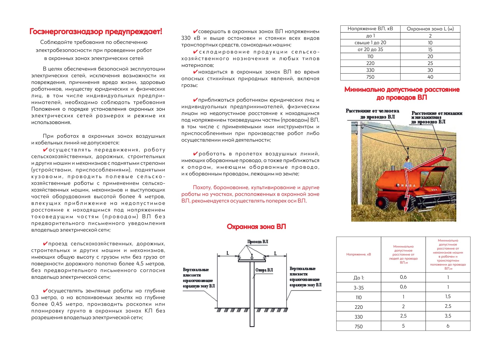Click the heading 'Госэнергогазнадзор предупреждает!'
point(96,32)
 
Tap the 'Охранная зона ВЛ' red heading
point(256,227)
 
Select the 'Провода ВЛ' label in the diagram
point(258,242)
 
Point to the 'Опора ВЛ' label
point(264,270)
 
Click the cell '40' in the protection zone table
point(430,77)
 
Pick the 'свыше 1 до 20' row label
point(370,43)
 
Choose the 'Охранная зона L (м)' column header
point(430,29)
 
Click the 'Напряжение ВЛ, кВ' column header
point(370,29)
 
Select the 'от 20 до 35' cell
point(370,50)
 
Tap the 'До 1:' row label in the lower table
point(358,278)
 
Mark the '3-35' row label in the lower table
point(358,288)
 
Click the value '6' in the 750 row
point(448,326)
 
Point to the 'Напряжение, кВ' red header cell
point(358,254)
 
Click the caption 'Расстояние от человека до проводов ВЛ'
point(372,114)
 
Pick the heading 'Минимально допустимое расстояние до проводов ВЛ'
point(402,93)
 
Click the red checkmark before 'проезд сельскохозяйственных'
point(45,244)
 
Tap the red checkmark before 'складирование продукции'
point(196,52)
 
